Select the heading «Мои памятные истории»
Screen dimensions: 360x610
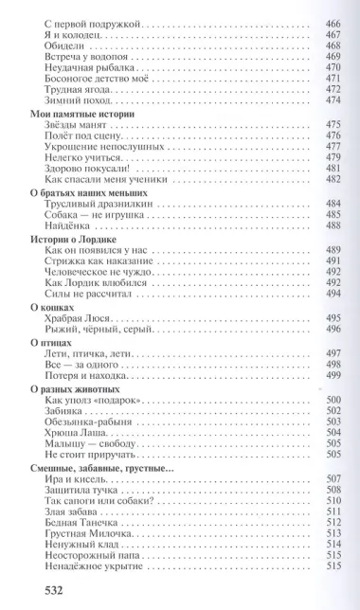tap(70, 113)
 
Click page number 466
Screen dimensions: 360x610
tap(333, 20)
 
